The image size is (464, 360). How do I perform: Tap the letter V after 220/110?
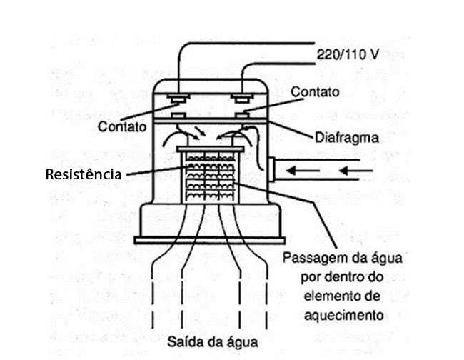(x=374, y=53)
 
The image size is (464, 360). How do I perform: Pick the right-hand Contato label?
(x=315, y=92)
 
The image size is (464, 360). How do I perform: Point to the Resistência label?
(x=83, y=174)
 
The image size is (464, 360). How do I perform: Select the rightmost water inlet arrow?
(x=355, y=170)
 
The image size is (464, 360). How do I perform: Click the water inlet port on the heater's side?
(x=272, y=170)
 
